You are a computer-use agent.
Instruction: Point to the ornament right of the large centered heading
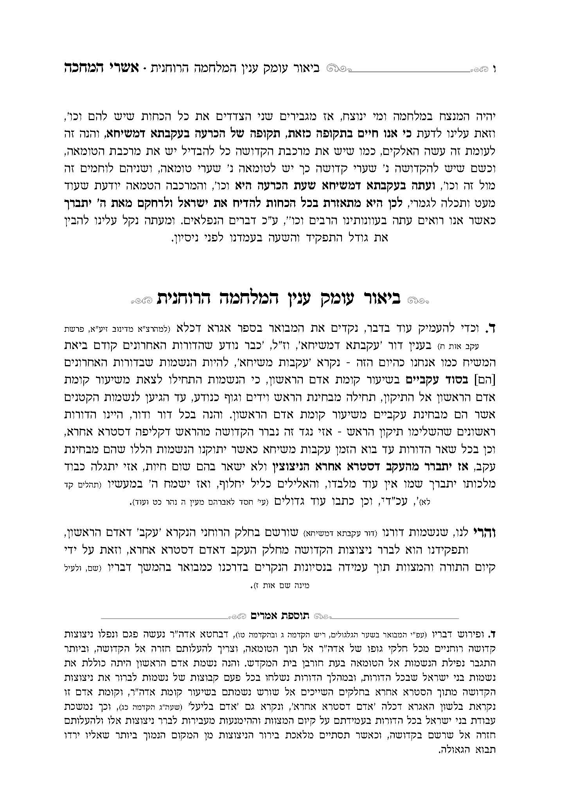(x=418, y=301)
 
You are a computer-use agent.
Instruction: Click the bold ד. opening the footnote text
(x=492, y=633)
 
